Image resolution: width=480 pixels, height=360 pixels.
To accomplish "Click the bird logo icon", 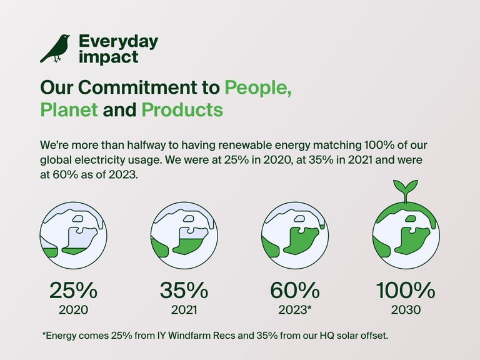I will [x=55, y=49].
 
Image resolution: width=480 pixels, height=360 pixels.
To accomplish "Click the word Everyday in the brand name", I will [x=118, y=42].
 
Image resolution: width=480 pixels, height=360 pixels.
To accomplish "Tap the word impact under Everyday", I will [x=108, y=57].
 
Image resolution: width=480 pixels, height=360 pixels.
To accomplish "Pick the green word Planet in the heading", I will [x=69, y=110].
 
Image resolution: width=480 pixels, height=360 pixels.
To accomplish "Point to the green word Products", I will [x=182, y=110].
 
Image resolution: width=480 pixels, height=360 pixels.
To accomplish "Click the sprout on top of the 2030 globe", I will [x=406, y=189].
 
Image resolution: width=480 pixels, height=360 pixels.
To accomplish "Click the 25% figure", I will [x=73, y=290].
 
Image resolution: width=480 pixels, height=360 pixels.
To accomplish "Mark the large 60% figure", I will [x=294, y=290].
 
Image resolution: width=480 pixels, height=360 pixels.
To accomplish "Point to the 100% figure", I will [x=405, y=290].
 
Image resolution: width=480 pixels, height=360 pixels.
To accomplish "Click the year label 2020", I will [x=73, y=309].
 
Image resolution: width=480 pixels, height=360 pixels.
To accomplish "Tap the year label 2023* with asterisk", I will [x=296, y=309].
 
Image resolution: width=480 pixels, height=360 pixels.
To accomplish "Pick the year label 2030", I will [x=405, y=309].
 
